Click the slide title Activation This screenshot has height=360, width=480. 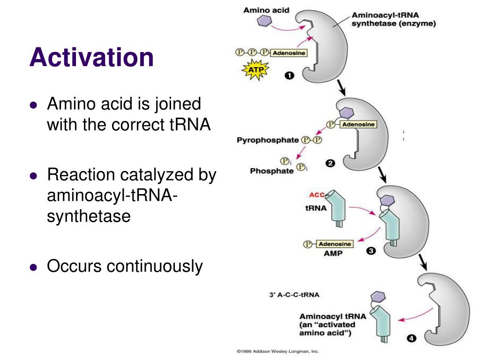(91, 58)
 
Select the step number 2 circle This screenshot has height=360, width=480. (330, 164)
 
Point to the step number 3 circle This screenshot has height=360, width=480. (371, 251)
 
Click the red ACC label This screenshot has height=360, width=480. (317, 195)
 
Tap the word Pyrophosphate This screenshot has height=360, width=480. (268, 140)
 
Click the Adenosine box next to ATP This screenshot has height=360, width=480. (289, 53)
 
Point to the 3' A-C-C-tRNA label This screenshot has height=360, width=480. (294, 295)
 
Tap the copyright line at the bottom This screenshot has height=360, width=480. (277, 351)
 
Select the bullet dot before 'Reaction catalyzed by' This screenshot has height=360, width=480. (33, 176)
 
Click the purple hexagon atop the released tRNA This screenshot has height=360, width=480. (378, 297)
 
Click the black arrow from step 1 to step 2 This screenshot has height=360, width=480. (341, 87)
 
